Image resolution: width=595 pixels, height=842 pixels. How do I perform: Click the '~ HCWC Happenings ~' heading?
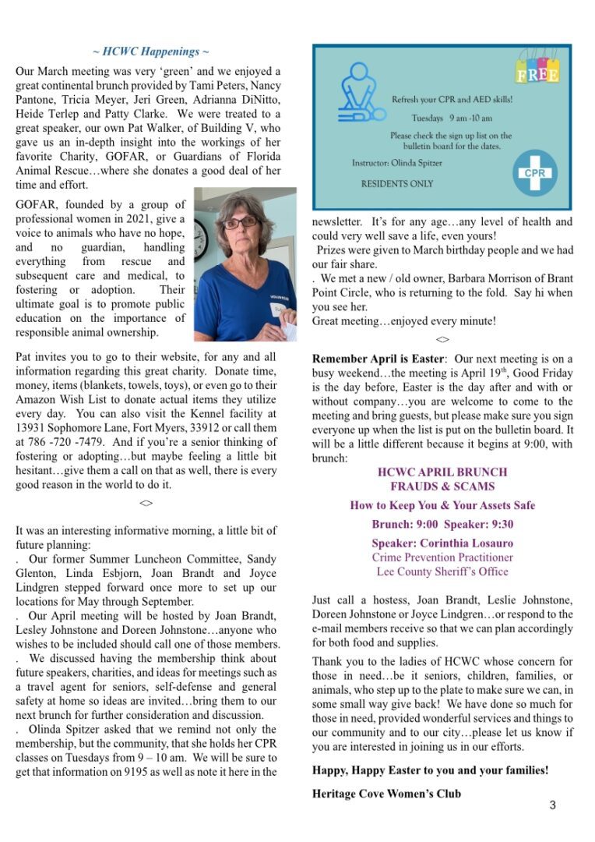tap(150, 52)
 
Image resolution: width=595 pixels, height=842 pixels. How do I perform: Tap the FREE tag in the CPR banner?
tap(537, 73)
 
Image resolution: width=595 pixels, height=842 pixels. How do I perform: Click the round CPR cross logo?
tap(534, 173)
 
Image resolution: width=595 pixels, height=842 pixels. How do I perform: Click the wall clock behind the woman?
tap(199, 240)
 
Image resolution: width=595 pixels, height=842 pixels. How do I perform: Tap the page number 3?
tap(552, 805)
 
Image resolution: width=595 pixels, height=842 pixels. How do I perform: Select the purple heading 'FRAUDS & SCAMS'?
tap(442, 486)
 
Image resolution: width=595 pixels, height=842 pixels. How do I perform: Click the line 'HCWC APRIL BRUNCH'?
tap(442, 472)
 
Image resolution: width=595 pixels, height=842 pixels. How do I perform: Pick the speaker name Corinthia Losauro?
tap(442, 543)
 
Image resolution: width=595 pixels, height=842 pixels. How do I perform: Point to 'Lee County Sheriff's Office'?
tap(442, 571)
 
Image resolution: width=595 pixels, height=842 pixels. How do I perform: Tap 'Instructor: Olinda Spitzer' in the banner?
tap(407, 164)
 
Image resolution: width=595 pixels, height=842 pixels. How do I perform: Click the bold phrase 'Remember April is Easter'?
tap(378, 359)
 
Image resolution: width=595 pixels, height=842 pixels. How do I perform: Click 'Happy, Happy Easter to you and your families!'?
tap(430, 770)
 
